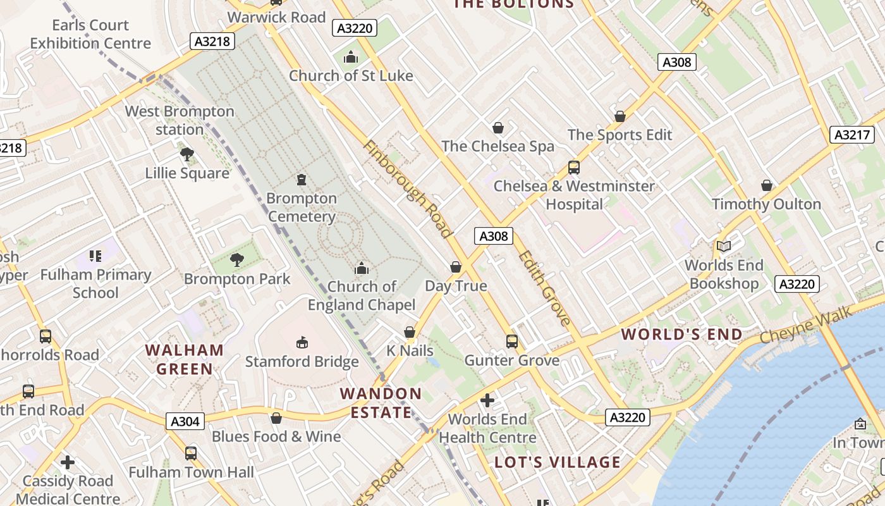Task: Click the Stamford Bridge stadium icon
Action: pos(302,342)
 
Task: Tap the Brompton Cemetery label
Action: pos(302,207)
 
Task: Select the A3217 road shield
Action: pos(851,135)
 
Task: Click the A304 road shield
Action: pos(185,421)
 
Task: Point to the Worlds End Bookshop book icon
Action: pos(724,246)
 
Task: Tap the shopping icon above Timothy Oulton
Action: pos(767,185)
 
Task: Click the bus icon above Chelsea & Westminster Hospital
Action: pos(574,168)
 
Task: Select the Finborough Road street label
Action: pos(408,188)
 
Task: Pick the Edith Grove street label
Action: pos(544,288)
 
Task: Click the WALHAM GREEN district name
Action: pos(185,359)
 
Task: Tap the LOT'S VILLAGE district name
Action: pos(558,462)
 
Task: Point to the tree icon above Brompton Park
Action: pos(237,259)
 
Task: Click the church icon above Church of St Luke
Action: pos(351,58)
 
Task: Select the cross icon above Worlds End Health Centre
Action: pos(487,400)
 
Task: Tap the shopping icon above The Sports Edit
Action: pos(620,116)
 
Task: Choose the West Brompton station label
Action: pos(180,120)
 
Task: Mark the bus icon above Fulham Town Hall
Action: pos(191,453)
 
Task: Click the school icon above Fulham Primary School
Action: pos(95,256)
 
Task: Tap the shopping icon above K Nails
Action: pos(410,332)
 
